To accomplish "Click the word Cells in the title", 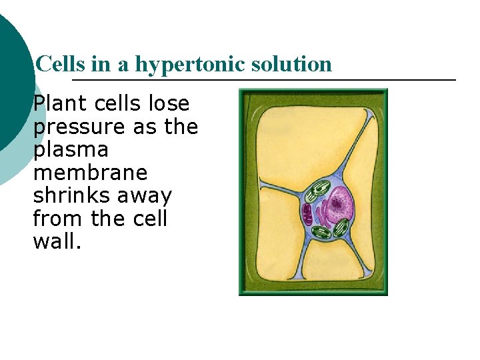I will pyautogui.click(x=55, y=64).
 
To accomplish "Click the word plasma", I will pyautogui.click(x=66, y=150).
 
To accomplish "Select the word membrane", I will pyautogui.click(x=90, y=173).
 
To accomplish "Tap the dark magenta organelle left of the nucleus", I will pyautogui.click(x=307, y=214).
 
